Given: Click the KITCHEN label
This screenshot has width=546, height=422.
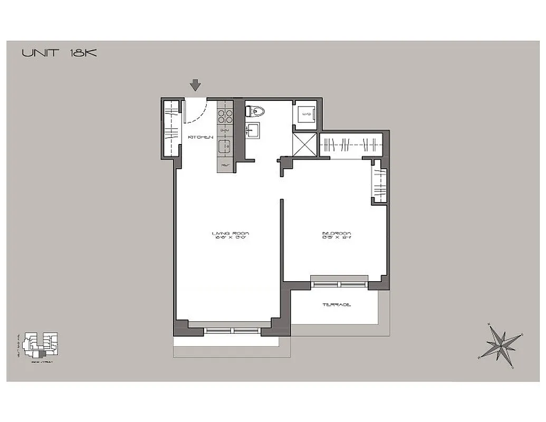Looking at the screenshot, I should [200, 137].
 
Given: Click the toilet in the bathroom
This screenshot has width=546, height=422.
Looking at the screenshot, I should [255, 111].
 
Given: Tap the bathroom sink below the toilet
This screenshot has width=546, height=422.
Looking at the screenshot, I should [252, 129].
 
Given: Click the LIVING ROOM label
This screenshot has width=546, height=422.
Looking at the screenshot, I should [230, 233].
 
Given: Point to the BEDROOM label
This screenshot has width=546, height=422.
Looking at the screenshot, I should [337, 233].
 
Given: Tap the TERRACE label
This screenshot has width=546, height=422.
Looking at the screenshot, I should [337, 305].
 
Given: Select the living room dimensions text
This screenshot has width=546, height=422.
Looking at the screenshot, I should [230, 238].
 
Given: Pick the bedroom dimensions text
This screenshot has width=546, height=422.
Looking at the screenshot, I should [337, 238].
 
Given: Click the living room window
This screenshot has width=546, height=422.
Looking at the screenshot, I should [233, 331].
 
